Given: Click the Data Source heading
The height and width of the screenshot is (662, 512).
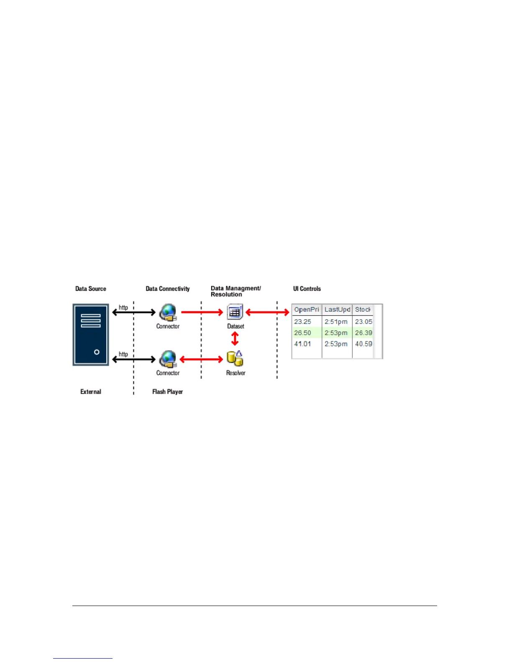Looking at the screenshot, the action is coord(90,289).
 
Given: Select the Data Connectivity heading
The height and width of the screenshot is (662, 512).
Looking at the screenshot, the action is coord(167,289).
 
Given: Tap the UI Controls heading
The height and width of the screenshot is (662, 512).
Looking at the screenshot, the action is coord(307,289).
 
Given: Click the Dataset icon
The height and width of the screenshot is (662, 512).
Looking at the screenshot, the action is coord(235,312).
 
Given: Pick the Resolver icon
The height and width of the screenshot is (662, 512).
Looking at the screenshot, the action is coord(235,359).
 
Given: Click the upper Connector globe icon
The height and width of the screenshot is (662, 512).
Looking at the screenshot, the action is coord(168,312).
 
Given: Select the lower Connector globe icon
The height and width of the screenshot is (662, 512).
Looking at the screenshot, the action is coord(168,359).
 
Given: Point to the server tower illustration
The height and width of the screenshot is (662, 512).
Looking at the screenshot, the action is coord(91,335).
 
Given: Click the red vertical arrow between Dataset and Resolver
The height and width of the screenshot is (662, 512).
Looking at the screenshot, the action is coord(235,338).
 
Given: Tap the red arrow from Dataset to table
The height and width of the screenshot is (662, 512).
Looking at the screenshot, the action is coord(267,312).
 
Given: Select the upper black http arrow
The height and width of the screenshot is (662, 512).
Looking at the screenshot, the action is coord(134,312).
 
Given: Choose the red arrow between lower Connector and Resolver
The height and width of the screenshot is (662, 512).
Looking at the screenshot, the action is coord(201,359).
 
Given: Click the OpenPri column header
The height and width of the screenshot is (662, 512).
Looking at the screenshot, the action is coord(307,310).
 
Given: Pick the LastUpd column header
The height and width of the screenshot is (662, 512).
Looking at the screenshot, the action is coord(337,310).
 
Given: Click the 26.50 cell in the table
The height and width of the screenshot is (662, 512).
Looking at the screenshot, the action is coord(302,333).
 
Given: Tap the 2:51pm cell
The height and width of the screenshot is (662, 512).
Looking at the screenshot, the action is coord(336,322).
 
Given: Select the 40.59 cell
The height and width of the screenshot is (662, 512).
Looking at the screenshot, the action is coord(363,344).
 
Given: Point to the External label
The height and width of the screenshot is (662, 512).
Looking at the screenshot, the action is coord(91,392).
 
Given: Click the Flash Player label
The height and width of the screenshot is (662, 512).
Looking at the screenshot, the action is coord(167,392).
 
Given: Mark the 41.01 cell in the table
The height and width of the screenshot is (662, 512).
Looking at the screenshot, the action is coord(302,344).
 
